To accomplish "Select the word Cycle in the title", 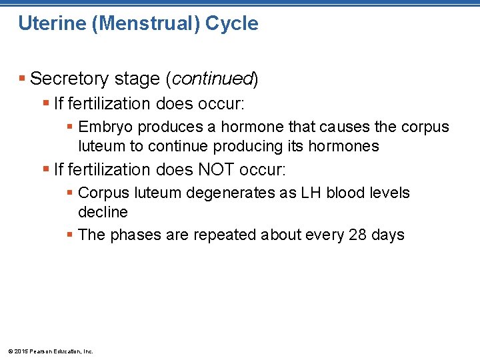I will click(x=231, y=24).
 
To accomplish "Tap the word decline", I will click(x=103, y=212).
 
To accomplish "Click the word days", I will click(x=389, y=235).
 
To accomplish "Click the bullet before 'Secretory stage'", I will click(x=23, y=79).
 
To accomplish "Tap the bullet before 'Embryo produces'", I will click(x=70, y=127).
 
